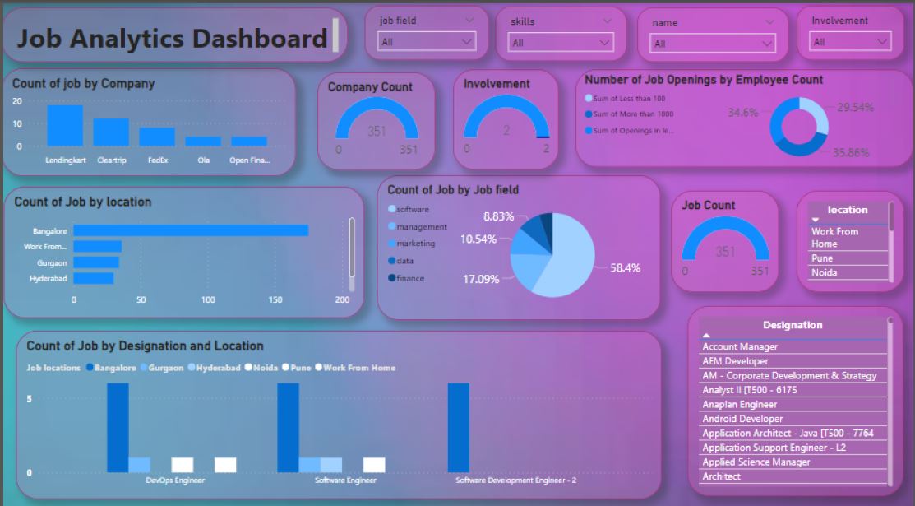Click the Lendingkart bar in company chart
coord(65,126)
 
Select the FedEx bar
coord(157,137)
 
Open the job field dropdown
coord(427,42)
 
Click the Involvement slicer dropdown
coord(851,42)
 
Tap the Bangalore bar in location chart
coord(191,231)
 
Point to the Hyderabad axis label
coord(49,279)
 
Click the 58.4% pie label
coord(624,268)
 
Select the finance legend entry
coord(410,278)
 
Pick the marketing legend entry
coord(415,244)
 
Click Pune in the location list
coord(823,258)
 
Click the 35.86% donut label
coord(850,152)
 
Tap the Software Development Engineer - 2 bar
coord(459,428)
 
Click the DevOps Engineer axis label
coord(175,480)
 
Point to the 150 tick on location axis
coord(275,300)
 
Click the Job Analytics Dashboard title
coord(173,38)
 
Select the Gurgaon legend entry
coord(165,368)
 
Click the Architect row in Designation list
coord(722,476)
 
